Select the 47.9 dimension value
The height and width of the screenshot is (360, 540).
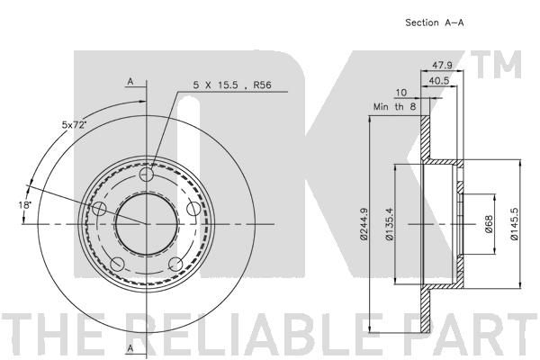click(x=440, y=66)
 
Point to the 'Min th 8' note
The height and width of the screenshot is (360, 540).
click(x=394, y=106)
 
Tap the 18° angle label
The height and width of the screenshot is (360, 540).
click(x=25, y=206)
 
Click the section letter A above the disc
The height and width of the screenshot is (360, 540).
click(x=130, y=82)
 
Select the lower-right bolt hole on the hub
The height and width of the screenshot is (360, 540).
click(x=176, y=264)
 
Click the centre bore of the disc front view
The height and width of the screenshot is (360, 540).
click(x=147, y=223)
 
